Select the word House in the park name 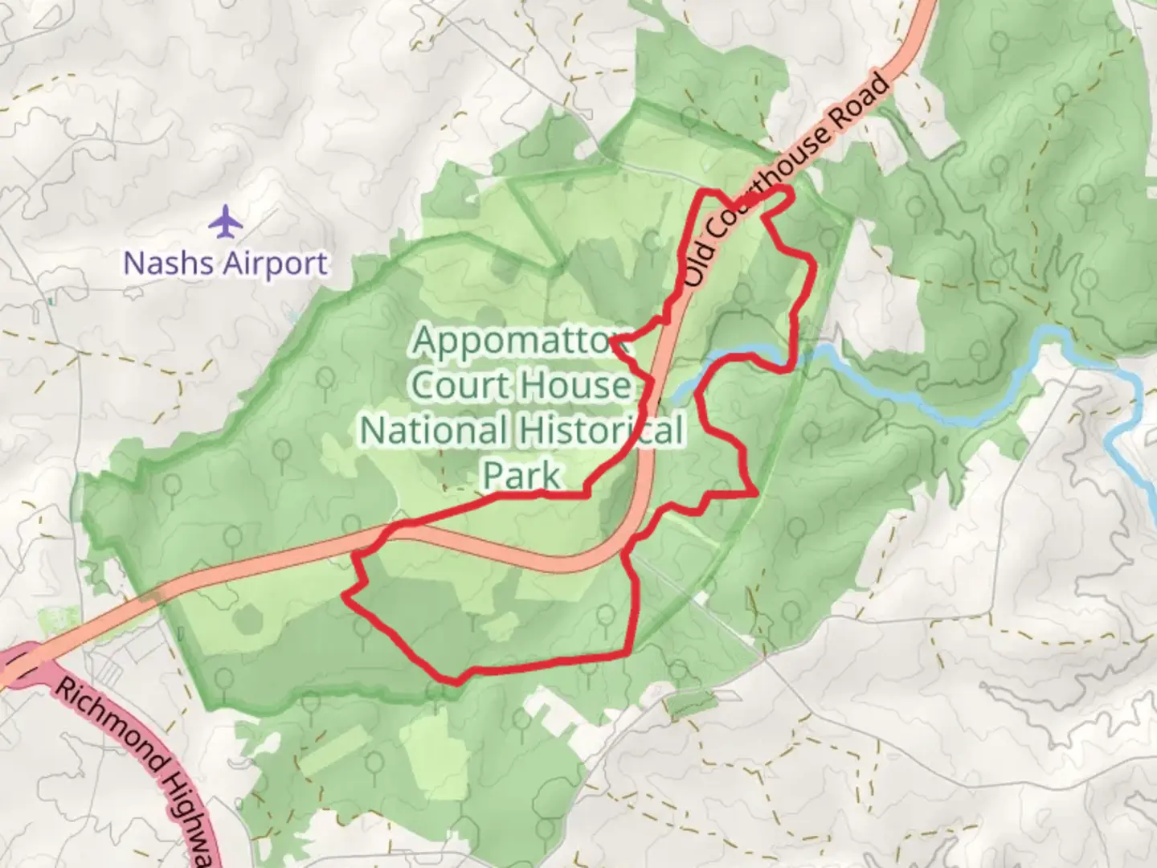pos(575,386)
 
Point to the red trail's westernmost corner pos(344,594)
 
